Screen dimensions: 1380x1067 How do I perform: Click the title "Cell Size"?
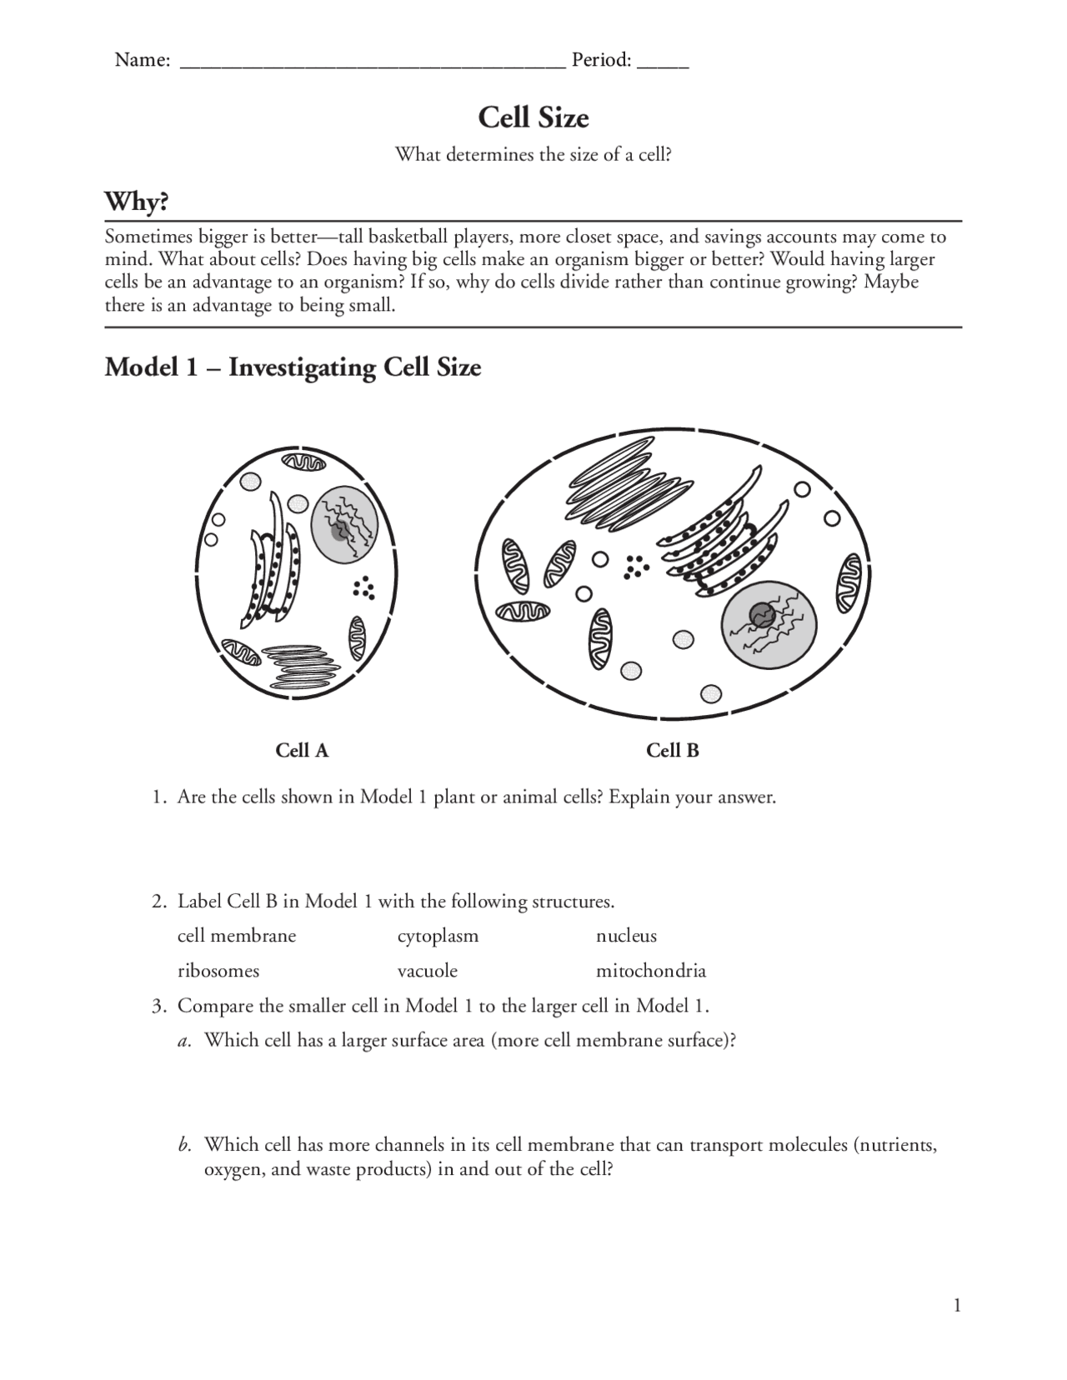[x=533, y=117]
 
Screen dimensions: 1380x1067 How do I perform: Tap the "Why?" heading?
[x=136, y=202]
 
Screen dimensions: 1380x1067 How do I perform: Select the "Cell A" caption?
[x=302, y=751]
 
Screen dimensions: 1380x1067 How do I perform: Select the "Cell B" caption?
[x=672, y=751]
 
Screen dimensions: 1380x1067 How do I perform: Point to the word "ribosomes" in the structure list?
[x=218, y=971]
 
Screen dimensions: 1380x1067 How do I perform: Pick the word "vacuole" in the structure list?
[x=427, y=971]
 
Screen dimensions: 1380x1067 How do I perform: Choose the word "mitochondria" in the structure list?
[x=650, y=971]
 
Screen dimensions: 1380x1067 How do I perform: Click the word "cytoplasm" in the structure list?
[x=438, y=936]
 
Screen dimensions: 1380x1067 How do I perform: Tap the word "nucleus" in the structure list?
[x=626, y=936]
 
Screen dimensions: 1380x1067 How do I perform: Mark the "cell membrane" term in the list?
[x=237, y=936]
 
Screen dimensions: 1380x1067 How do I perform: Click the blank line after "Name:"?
[x=373, y=65]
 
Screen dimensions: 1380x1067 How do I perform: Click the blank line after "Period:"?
[x=663, y=65]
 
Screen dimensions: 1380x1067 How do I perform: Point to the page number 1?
[x=958, y=1305]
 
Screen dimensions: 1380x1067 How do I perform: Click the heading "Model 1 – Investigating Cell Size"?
[x=293, y=367]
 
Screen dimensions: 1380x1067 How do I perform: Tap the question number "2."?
[x=159, y=902]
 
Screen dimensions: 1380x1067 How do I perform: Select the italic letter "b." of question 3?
[x=185, y=1145]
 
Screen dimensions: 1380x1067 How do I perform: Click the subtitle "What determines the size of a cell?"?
[x=533, y=155]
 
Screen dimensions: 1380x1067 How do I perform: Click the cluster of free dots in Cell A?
[x=363, y=588]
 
